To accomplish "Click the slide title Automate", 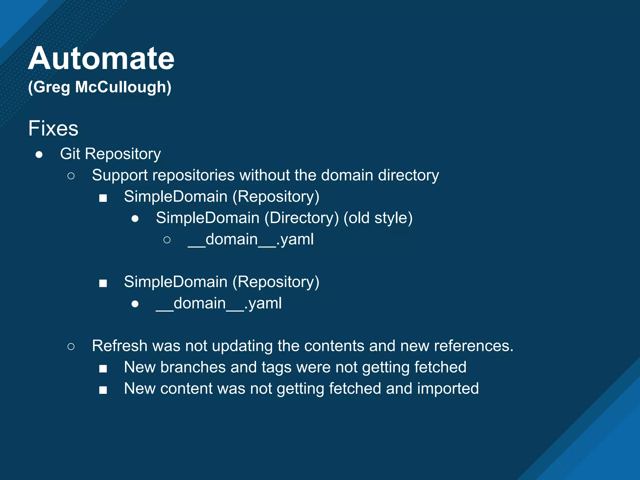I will tap(101, 58).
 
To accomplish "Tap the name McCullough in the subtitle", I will tap(123, 87).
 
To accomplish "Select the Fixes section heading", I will tap(53, 128).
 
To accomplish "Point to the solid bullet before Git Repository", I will tap(39, 154).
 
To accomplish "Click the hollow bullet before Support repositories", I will tap(71, 176).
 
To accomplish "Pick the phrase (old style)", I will tap(378, 218).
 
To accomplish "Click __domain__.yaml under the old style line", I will tap(251, 240).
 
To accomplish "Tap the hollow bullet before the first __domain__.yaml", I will tap(167, 240).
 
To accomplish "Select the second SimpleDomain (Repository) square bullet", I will tap(103, 283).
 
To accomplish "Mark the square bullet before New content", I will tap(103, 390).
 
